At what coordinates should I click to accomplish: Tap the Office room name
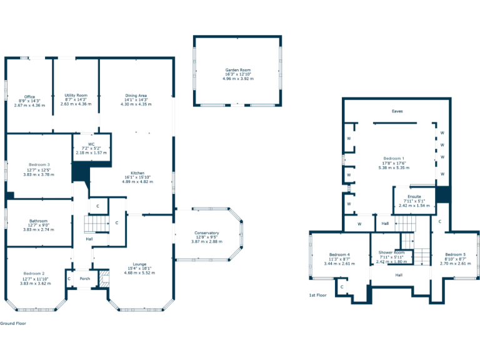click(29, 97)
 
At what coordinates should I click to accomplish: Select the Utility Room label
click(76, 96)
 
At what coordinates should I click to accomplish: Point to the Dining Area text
click(136, 96)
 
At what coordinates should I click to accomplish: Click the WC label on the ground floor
click(91, 144)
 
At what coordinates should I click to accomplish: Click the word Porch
click(85, 279)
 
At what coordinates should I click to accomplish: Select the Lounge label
click(139, 264)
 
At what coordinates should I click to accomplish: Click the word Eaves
click(397, 111)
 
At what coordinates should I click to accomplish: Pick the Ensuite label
click(414, 196)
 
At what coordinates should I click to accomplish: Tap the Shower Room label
click(391, 252)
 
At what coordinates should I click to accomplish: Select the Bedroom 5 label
click(455, 255)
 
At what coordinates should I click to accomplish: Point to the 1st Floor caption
click(318, 295)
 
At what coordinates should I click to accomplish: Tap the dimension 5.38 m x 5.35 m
click(394, 168)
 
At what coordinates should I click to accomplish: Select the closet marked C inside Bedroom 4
click(342, 287)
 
